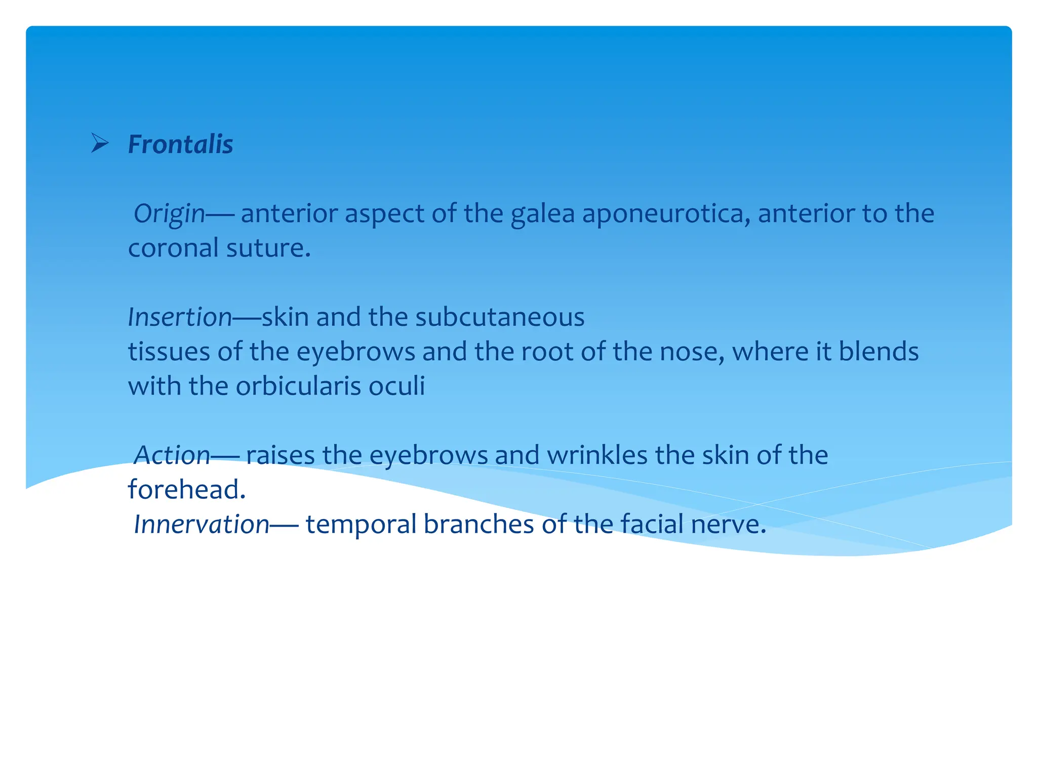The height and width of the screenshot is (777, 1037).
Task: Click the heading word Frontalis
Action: click(180, 144)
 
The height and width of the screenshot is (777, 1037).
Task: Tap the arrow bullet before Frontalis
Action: click(100, 143)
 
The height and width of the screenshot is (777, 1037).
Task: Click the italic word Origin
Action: click(169, 213)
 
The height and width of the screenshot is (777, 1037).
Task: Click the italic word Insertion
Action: click(180, 317)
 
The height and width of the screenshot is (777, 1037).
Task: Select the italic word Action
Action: click(172, 455)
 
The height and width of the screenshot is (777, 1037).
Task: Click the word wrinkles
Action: click(597, 455)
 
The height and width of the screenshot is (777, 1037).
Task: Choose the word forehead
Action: click(186, 490)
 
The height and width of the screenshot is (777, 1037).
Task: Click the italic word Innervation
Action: click(201, 524)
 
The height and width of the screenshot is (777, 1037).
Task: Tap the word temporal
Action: click(361, 524)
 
